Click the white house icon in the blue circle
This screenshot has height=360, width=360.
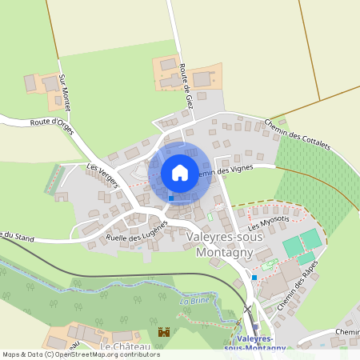[180, 172]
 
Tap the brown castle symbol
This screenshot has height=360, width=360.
[165, 332]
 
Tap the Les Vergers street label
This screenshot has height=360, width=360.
[104, 176]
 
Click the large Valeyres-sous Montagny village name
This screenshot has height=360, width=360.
[219, 245]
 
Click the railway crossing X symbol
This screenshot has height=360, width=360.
[247, 310]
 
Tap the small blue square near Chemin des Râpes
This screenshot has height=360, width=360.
[254, 277]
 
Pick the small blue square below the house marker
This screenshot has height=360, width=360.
[171, 198]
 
